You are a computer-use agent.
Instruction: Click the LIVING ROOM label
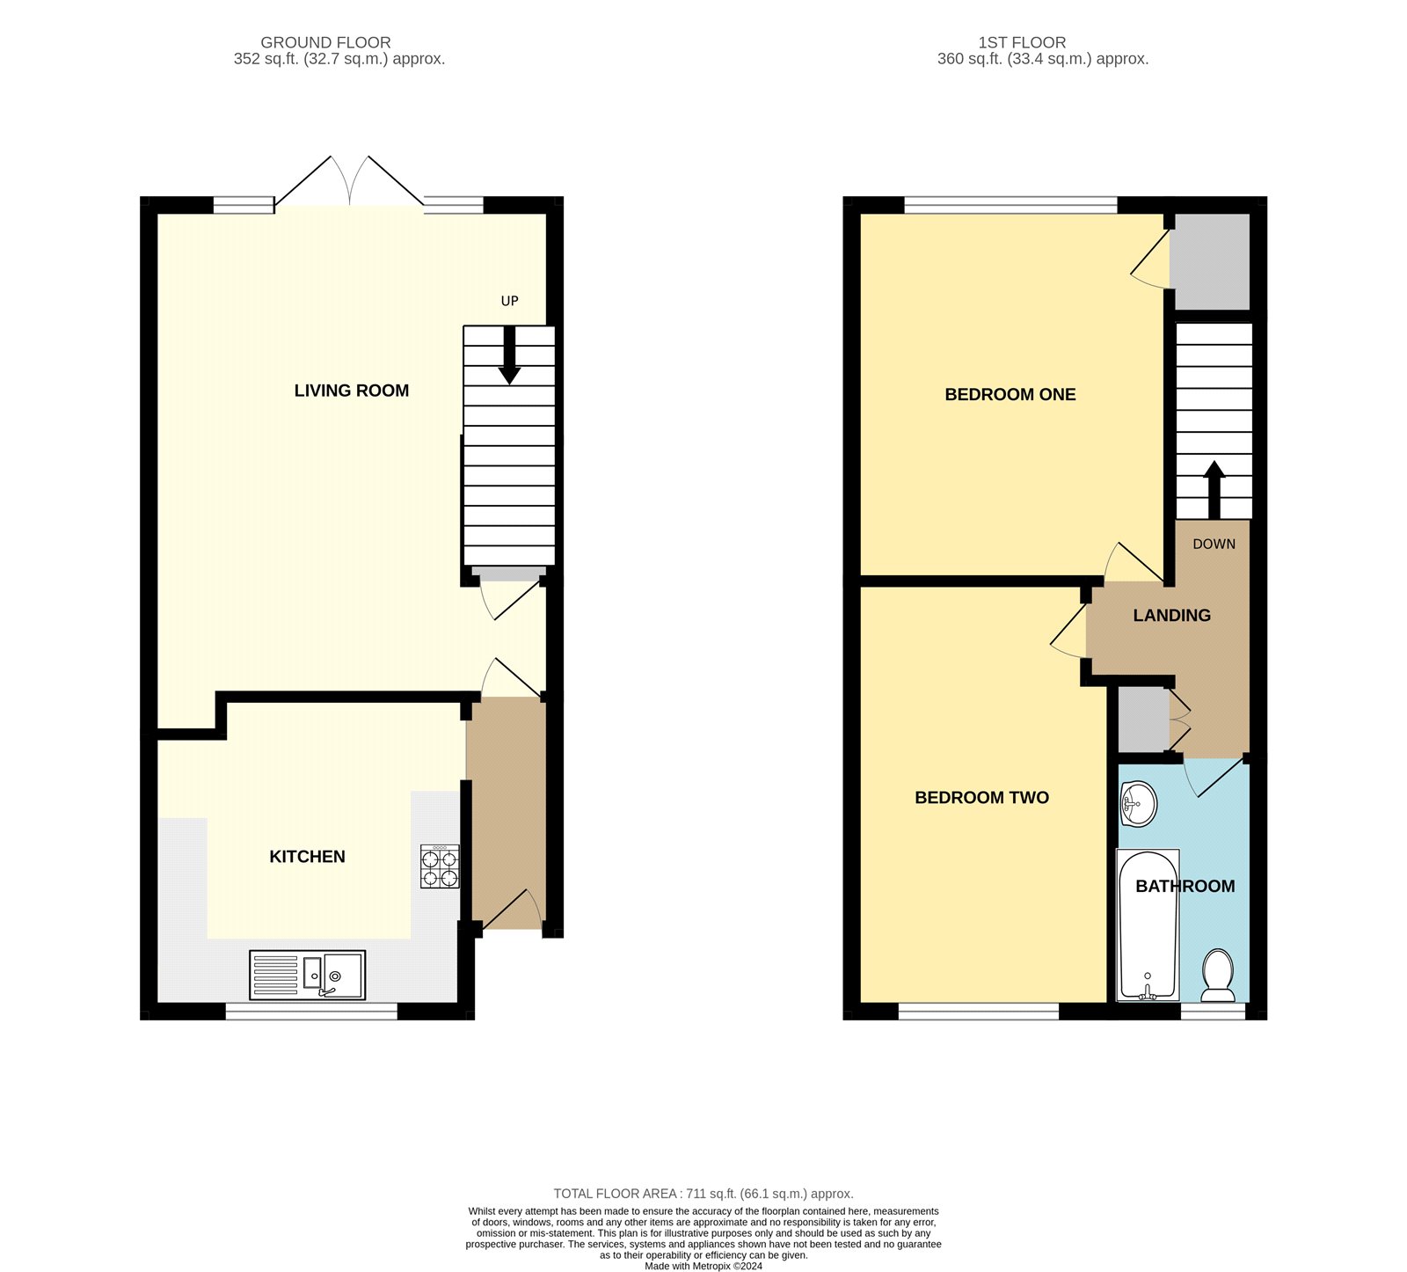[352, 391]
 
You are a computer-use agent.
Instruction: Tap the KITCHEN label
[307, 857]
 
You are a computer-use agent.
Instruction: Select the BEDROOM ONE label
[1010, 395]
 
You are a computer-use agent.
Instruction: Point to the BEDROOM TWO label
[982, 798]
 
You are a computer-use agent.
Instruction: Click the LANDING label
[1172, 616]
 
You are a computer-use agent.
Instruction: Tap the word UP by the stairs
[510, 301]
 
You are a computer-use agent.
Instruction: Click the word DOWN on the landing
[1214, 545]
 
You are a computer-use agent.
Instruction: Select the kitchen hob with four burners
[440, 866]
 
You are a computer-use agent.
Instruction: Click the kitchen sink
[307, 975]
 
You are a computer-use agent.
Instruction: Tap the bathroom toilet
[1218, 976]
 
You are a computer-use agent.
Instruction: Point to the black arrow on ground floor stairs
[509, 355]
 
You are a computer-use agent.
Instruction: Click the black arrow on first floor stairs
[1214, 490]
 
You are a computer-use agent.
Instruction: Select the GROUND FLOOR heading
[325, 42]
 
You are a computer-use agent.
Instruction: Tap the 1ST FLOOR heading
[1022, 42]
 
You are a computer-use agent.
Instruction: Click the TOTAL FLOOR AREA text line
[703, 1194]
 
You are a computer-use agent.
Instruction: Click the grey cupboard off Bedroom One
[1213, 261]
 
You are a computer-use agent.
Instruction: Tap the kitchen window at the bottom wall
[311, 1012]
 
